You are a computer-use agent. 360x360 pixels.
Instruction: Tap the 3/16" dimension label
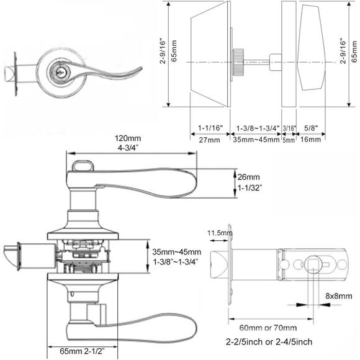[289, 128]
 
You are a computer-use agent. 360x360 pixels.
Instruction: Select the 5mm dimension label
[289, 140]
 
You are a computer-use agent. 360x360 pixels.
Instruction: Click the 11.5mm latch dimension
[219, 233]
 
